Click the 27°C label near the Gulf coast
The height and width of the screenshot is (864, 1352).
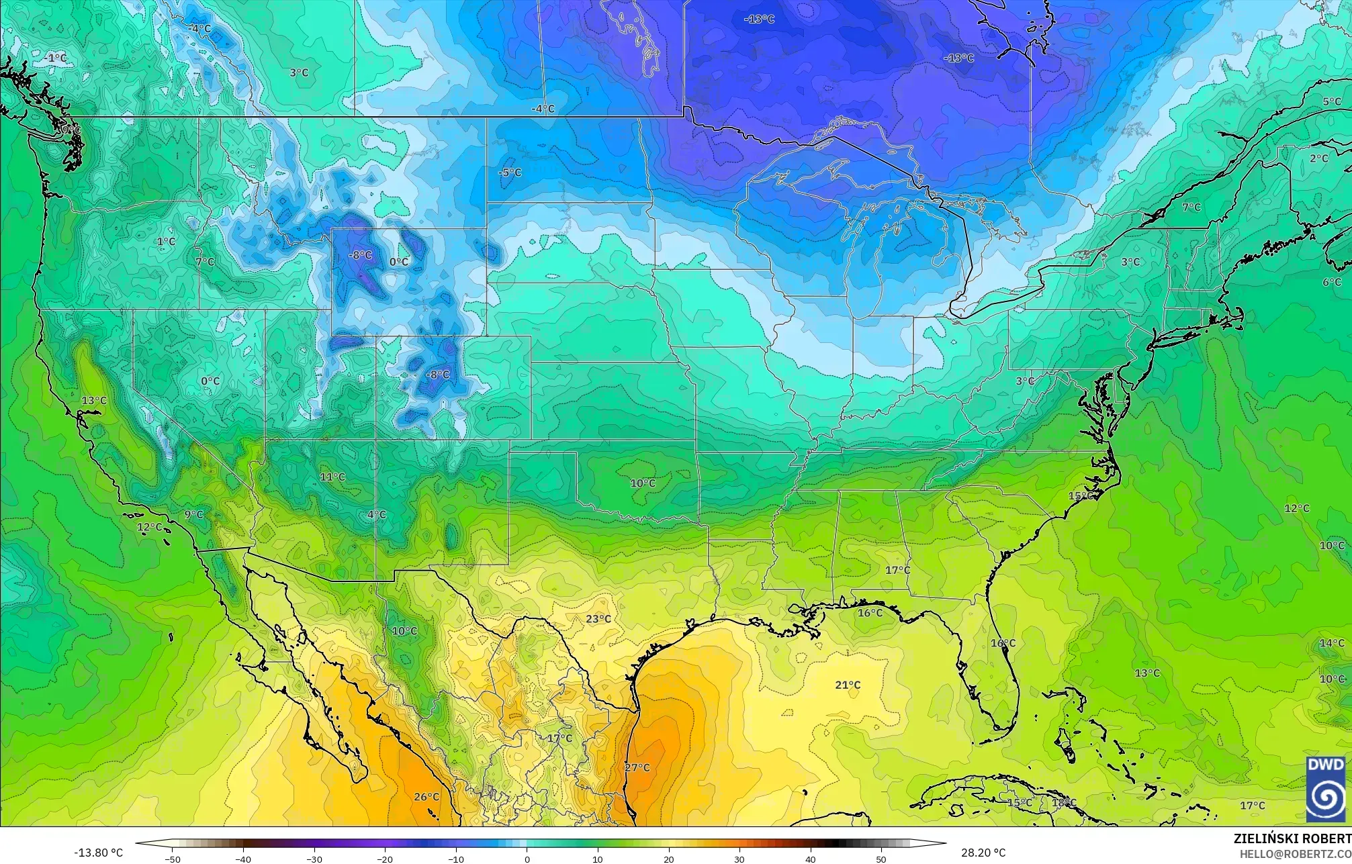(637, 767)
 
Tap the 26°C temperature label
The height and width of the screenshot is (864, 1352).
(426, 797)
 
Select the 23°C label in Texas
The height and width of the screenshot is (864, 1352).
(598, 619)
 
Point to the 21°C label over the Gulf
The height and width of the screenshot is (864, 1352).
(848, 685)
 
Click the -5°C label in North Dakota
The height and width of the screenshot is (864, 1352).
(510, 173)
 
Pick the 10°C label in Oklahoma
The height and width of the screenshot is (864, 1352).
(643, 483)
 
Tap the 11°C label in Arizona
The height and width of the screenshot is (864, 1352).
(332, 477)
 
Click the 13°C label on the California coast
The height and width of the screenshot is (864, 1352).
(94, 400)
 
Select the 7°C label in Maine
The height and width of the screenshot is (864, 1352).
(1191, 207)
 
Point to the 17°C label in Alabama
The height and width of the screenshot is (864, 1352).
(897, 570)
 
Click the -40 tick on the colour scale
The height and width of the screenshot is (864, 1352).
(243, 859)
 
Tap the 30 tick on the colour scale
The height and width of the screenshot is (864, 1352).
(739, 859)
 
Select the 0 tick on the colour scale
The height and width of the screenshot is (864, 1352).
(527, 859)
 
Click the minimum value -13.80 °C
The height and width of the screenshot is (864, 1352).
(98, 853)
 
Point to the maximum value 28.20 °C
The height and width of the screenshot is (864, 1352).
(982, 853)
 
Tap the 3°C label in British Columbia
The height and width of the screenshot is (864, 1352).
(299, 73)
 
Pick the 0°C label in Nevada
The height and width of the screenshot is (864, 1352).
(210, 381)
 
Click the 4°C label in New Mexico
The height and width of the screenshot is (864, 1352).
(377, 514)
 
